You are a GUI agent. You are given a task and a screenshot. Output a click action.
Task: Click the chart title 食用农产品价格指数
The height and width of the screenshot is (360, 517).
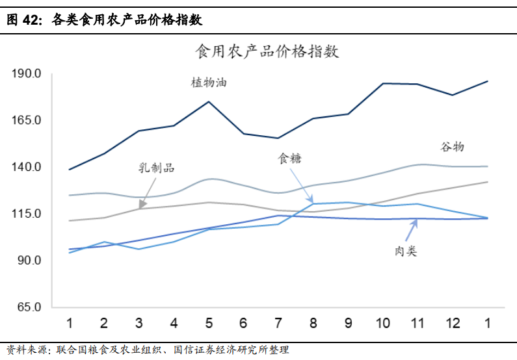click(x=267, y=52)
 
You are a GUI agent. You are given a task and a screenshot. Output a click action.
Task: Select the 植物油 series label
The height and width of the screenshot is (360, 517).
click(x=209, y=83)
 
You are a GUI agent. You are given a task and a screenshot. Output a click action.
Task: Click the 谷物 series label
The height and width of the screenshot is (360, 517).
click(x=453, y=146)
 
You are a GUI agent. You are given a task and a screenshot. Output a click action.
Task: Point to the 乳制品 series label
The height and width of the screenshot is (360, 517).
click(x=157, y=168)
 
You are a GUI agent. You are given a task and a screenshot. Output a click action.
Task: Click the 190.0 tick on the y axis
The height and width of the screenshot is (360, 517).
click(x=27, y=73)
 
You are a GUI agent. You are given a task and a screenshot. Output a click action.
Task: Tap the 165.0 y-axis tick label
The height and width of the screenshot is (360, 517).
click(x=27, y=120)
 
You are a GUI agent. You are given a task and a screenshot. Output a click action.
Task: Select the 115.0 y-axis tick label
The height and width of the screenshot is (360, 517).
click(x=27, y=214)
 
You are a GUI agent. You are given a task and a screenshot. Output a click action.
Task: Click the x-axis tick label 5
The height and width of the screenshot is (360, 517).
click(x=209, y=323)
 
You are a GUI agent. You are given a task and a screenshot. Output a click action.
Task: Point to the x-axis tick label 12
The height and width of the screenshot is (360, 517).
click(x=453, y=323)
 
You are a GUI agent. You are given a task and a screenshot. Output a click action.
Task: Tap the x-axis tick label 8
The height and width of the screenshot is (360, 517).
click(x=313, y=323)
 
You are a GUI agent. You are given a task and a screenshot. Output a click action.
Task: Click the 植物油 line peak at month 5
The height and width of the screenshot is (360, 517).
click(x=209, y=101)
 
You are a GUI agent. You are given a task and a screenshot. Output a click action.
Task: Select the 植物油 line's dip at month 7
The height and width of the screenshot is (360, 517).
click(x=278, y=138)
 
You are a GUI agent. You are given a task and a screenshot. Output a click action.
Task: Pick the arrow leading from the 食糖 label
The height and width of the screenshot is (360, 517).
click(x=301, y=185)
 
